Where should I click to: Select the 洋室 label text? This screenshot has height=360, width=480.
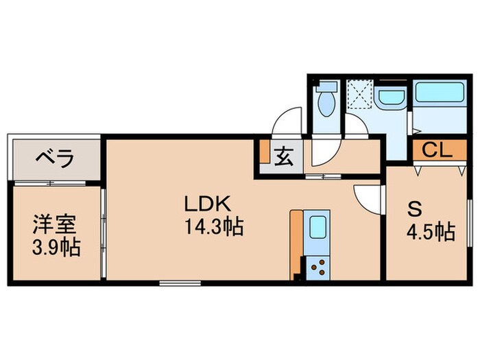click(x=56, y=224)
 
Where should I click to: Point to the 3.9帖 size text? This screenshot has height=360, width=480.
click(x=56, y=246)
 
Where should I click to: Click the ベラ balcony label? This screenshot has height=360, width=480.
click(x=55, y=159)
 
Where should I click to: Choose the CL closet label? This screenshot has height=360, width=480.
click(x=437, y=149)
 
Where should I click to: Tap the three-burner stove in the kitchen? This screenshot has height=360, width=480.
click(x=317, y=265)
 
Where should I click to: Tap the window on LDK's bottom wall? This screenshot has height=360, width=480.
click(x=180, y=282)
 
